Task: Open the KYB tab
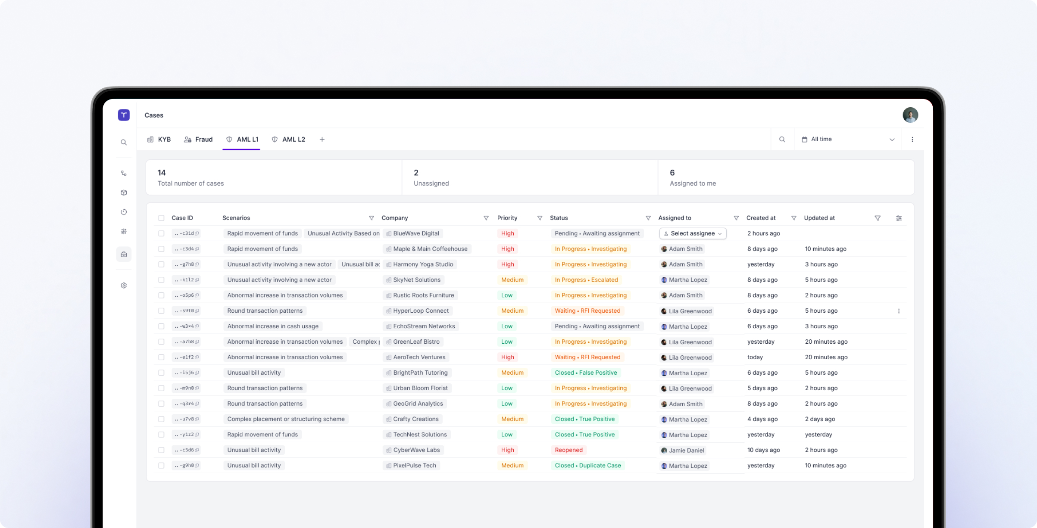pos(159,140)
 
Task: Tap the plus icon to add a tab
pos(322,140)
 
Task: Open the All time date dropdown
pos(847,140)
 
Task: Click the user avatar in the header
pos(910,115)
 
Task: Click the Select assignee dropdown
pos(693,233)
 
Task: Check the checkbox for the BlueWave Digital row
pos(161,233)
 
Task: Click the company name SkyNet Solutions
pos(416,280)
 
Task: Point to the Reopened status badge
pos(568,450)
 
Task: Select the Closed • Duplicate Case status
pos(587,466)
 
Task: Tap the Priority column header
pos(507,218)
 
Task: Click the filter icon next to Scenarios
pos(371,218)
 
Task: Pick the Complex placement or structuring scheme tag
pos(286,419)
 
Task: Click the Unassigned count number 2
pos(416,173)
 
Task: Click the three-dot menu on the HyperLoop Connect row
pos(899,311)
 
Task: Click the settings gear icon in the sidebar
pos(124,286)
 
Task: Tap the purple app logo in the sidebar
pos(124,115)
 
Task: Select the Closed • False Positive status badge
pos(585,373)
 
